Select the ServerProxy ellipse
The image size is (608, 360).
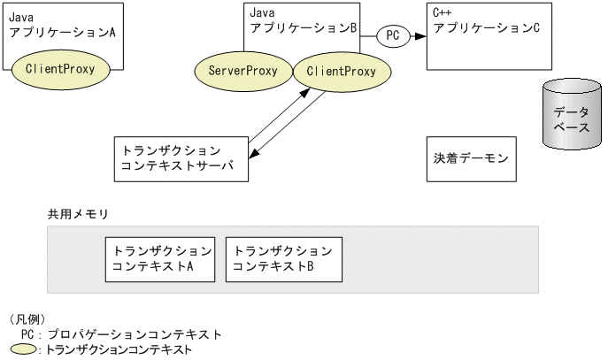coord(242,71)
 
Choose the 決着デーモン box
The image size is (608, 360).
coord(471,159)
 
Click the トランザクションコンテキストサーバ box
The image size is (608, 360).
coord(181,159)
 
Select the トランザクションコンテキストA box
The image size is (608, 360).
coord(159,258)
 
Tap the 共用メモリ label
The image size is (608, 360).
coord(77,215)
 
